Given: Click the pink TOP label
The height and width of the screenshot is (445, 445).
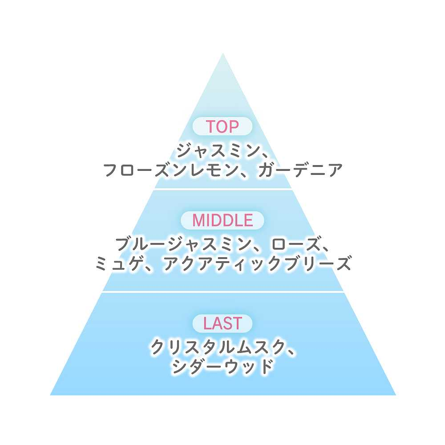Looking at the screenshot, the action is click(x=222, y=126).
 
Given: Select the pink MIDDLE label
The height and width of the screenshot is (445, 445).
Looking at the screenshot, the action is click(x=222, y=220).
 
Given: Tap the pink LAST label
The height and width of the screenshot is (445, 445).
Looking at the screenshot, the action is click(x=222, y=324).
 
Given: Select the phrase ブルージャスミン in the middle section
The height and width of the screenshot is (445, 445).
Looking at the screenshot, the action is click(x=182, y=244).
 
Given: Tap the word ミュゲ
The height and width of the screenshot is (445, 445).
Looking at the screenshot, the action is click(x=117, y=263).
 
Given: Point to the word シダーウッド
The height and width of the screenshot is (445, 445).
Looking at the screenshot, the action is click(x=222, y=366).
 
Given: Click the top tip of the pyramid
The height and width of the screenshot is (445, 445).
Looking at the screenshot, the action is click(x=223, y=53).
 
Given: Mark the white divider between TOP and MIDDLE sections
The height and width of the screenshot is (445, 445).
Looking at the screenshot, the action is click(x=223, y=189).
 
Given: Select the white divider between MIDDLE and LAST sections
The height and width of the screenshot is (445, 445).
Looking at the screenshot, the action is click(x=223, y=292).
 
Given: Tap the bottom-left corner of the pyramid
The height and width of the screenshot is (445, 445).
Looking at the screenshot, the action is click(x=50, y=395).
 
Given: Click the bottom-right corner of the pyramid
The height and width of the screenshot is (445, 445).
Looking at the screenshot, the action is click(x=396, y=395).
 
